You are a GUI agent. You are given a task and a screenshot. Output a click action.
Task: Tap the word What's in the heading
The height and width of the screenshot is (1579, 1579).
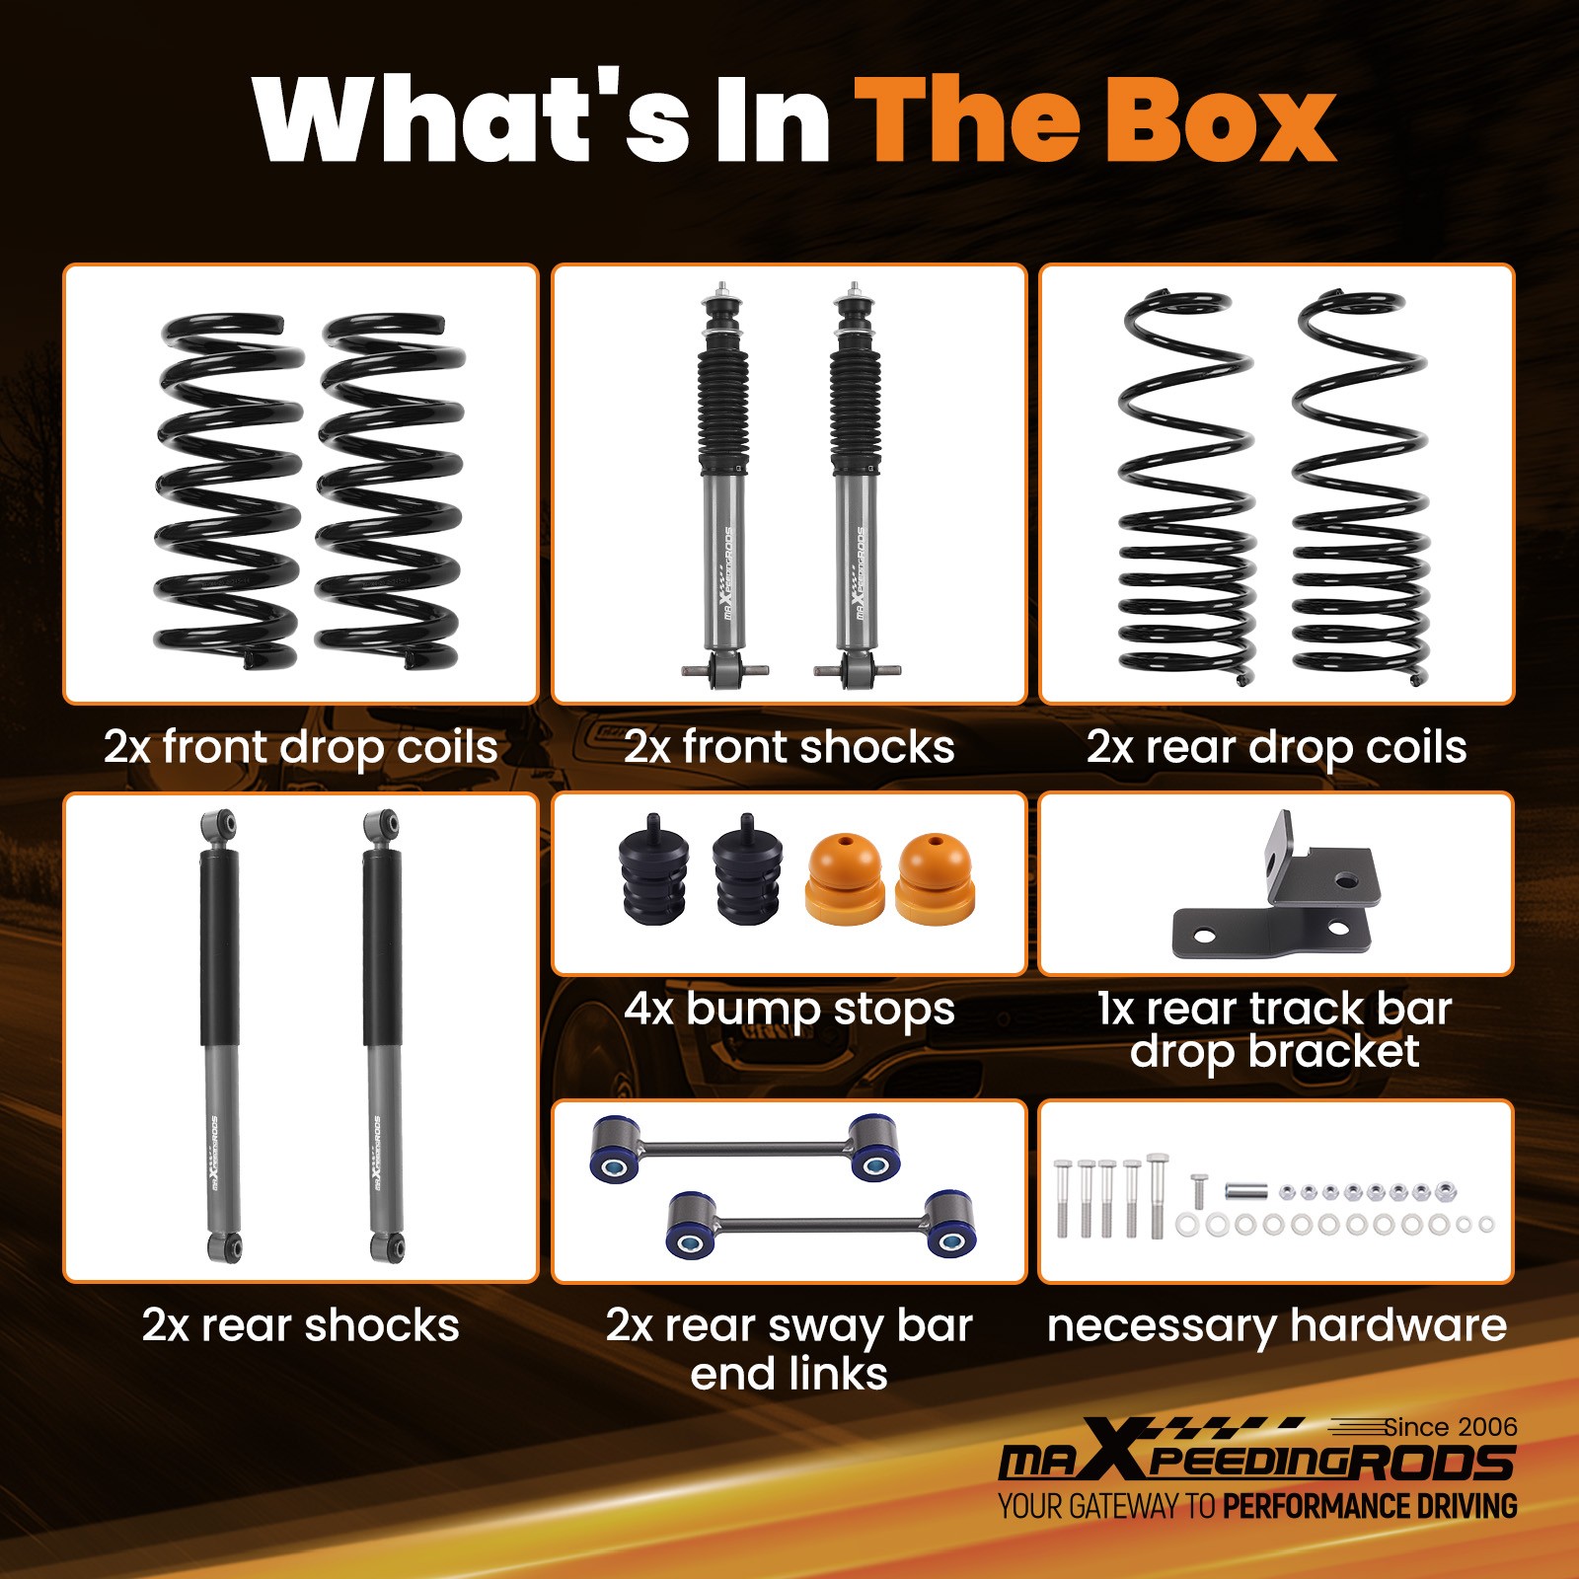click(x=471, y=120)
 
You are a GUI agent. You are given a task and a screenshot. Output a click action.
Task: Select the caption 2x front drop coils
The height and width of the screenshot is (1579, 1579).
click(x=300, y=747)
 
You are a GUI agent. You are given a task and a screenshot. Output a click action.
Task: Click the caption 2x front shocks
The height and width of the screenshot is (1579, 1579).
click(x=789, y=747)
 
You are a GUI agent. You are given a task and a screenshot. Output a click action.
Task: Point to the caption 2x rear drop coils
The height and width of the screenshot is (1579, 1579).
click(x=1276, y=747)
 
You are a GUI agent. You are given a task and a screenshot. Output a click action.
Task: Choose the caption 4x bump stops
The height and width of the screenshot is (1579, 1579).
click(x=789, y=1009)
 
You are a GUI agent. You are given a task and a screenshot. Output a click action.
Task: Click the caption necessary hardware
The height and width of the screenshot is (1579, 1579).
click(x=1276, y=1325)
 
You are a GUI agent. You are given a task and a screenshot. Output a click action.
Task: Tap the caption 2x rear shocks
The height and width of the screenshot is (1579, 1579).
click(x=300, y=1325)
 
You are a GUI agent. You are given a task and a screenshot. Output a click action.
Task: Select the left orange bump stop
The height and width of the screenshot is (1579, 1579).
click(x=844, y=878)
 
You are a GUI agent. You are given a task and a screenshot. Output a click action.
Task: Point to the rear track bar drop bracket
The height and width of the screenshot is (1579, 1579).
click(x=1278, y=898)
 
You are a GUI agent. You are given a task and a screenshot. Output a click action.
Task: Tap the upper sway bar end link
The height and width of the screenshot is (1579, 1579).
click(x=745, y=1148)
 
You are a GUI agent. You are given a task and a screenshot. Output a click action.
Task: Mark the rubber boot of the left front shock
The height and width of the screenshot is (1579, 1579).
click(x=722, y=405)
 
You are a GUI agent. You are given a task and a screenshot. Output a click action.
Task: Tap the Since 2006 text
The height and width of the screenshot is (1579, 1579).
click(x=1450, y=1427)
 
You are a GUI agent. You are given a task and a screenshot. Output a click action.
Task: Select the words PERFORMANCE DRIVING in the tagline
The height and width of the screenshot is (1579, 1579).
click(x=1370, y=1507)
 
